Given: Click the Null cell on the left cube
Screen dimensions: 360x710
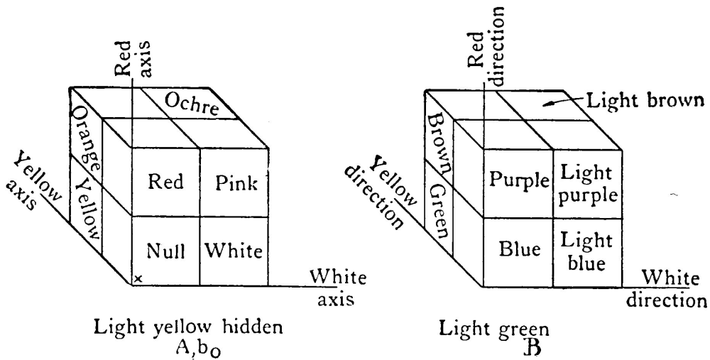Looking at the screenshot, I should [x=166, y=251].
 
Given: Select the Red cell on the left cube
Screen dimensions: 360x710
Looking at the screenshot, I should [x=166, y=182].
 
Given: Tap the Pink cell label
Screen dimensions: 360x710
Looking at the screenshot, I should [x=234, y=182].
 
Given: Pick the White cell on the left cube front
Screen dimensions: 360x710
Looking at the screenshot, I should [x=234, y=251].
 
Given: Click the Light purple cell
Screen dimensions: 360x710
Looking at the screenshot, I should [x=586, y=182].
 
